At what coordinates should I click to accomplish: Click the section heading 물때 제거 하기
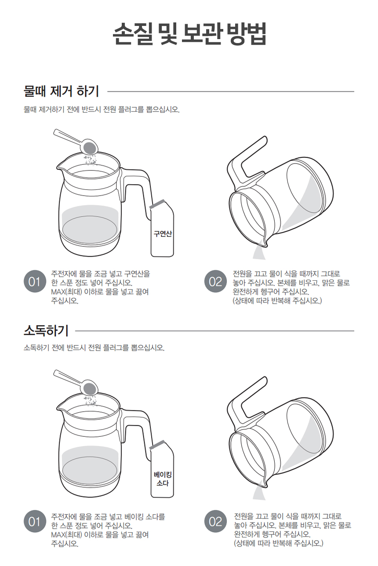[x=61, y=91]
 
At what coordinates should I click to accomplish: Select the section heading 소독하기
[x=46, y=330]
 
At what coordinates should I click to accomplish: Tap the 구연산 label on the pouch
[x=163, y=233]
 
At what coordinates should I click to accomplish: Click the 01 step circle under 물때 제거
[x=35, y=281]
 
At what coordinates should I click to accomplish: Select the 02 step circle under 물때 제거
[x=215, y=281]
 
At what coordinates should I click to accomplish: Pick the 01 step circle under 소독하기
[x=35, y=521]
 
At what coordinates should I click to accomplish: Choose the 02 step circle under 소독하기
[x=215, y=521]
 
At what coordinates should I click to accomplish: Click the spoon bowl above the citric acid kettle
[x=90, y=147]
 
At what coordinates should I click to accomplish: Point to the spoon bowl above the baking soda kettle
[x=90, y=387]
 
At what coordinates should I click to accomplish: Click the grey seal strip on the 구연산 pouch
[x=156, y=203]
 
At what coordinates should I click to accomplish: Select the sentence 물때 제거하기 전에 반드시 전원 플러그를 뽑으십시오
[x=102, y=110]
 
